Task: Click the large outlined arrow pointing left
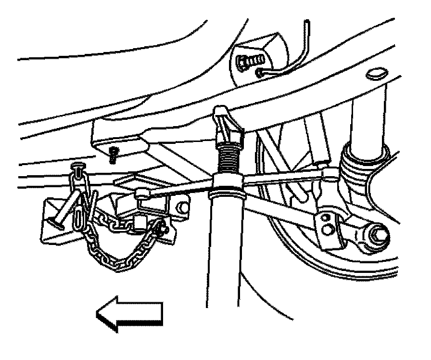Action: [130, 315]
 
